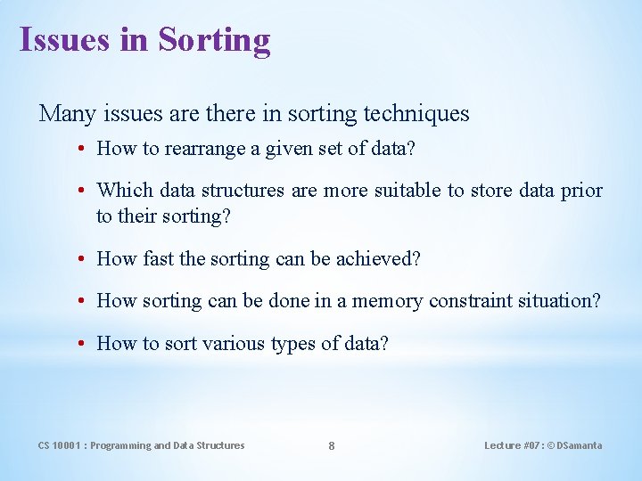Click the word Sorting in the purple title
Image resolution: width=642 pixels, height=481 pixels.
point(215,40)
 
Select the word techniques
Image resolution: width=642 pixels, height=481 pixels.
point(416,114)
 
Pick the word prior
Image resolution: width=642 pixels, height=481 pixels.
point(580,191)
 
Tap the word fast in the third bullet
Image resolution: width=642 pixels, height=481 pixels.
point(157,259)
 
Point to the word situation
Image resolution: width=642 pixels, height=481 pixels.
point(555,301)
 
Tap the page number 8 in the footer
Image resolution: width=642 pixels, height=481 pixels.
point(332,446)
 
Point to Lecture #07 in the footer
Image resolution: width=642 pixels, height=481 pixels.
point(511,445)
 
